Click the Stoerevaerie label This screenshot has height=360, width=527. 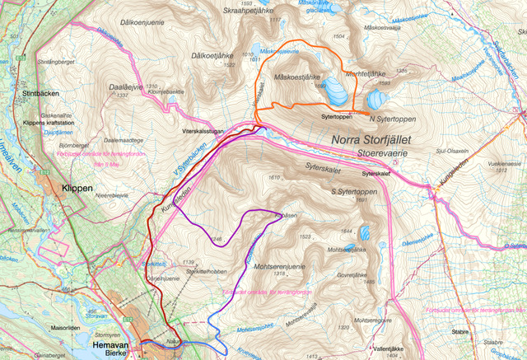tap(381, 152)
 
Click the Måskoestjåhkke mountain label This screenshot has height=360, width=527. tap(299, 77)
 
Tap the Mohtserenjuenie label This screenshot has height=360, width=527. tap(289, 266)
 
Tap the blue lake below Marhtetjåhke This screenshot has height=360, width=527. tap(375, 100)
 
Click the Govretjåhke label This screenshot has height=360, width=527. tap(357, 278)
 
